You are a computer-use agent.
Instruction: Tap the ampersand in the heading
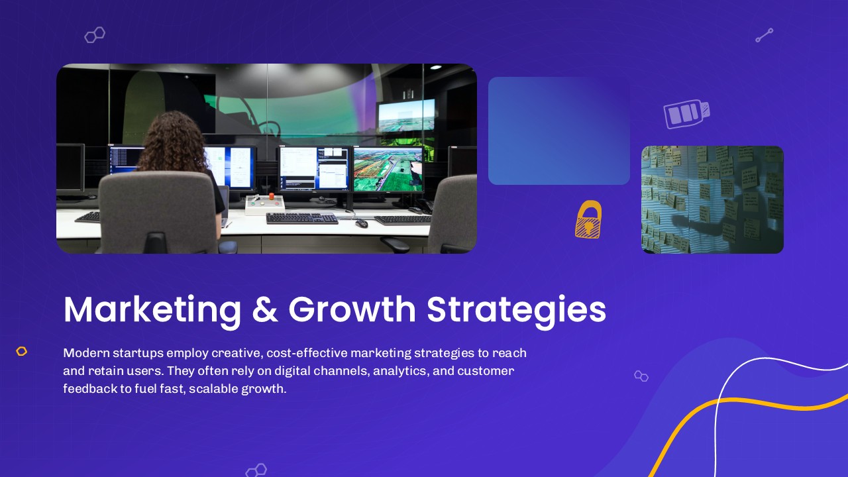264,309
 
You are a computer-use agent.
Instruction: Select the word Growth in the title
352,309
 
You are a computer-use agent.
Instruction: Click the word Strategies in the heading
516,311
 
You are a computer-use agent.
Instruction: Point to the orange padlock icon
588,219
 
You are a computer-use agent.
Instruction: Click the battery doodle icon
686,113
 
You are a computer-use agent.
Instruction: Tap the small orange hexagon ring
22,351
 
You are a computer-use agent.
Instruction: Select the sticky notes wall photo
712,199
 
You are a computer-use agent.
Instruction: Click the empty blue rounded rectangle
558,131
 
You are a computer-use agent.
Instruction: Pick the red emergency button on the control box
272,195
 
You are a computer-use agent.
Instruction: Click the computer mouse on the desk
362,224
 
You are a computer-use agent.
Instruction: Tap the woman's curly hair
173,142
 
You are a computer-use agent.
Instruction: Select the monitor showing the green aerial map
388,169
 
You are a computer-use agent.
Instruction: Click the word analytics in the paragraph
401,371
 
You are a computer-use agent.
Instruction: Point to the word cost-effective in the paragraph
307,353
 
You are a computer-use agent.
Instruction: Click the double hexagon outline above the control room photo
95,35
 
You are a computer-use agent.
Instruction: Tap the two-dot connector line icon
765,35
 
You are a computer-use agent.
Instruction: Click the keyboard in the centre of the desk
301,219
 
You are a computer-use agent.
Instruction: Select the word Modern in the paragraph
86,353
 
